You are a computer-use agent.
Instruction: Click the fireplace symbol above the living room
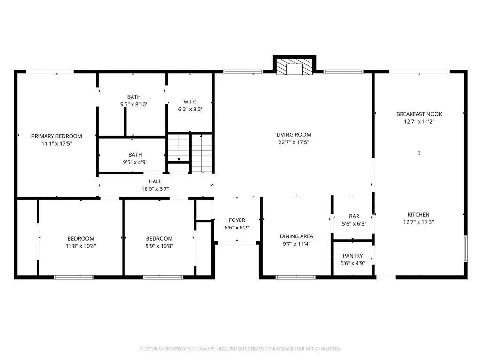[295, 67]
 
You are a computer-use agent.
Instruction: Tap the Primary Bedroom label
[57, 136]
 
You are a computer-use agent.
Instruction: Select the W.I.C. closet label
[190, 102]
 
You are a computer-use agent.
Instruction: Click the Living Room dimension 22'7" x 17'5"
[294, 142]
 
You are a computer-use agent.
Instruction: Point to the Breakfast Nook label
[419, 114]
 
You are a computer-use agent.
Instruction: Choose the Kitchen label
[418, 215]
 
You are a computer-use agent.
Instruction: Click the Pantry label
[352, 256]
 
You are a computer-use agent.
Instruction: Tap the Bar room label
[354, 216]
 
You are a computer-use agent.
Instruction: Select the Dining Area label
[296, 236]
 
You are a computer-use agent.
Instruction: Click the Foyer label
[237, 220]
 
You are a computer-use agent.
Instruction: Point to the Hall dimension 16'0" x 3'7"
[155, 189]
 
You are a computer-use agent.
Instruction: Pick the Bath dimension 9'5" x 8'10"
[134, 105]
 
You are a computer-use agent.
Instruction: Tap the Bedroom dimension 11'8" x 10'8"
[80, 246]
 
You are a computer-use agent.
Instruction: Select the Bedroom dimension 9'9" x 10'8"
[159, 246]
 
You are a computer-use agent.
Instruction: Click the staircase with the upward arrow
[202, 153]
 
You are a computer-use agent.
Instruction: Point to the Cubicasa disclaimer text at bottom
[240, 349]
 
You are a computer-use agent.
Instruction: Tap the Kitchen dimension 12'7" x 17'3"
[418, 222]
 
